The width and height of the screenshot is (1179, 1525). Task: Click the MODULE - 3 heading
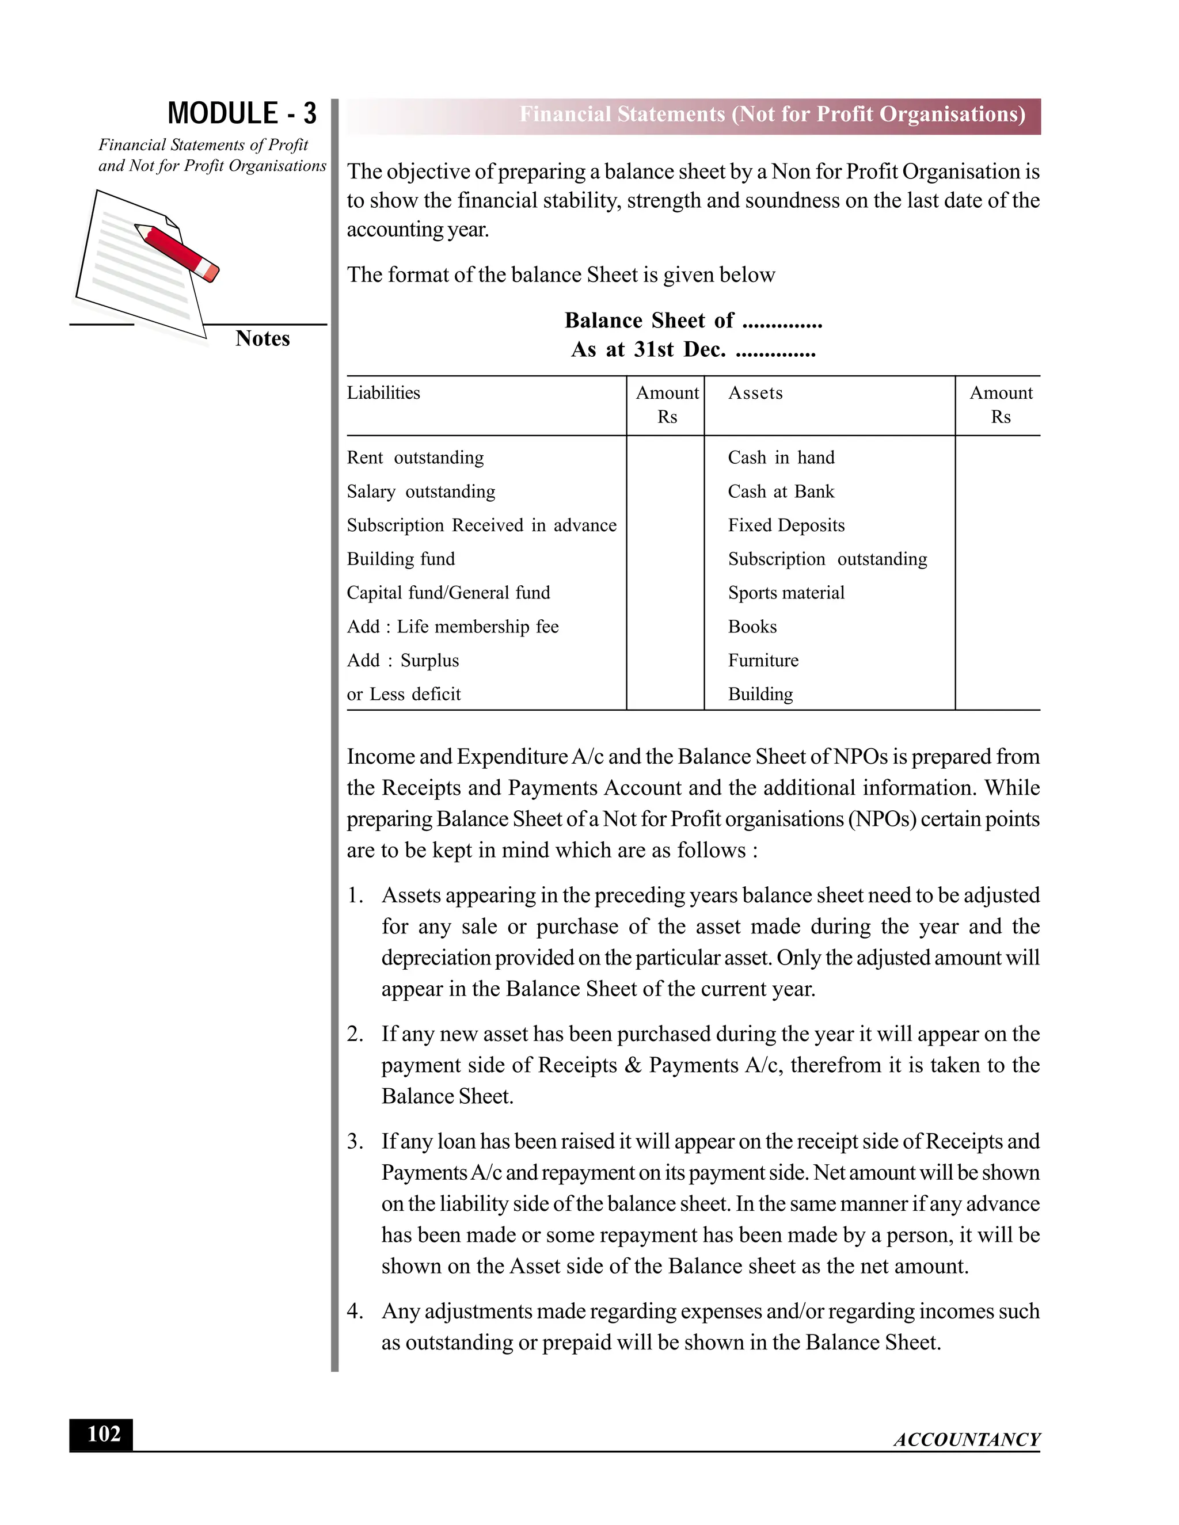coord(242,113)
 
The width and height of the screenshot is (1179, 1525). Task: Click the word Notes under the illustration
coord(262,338)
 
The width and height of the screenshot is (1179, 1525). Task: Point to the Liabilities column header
coord(383,393)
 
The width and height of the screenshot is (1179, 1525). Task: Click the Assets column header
coord(755,393)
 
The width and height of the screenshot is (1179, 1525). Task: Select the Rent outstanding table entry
coord(415,457)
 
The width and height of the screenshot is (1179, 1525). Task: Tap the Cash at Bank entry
coord(781,491)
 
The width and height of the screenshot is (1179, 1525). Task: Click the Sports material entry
coord(786,593)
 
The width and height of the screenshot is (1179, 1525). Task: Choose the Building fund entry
coord(400,559)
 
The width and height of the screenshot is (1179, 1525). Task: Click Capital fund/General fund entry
coord(448,593)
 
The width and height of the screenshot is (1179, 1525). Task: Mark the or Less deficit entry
coord(404,694)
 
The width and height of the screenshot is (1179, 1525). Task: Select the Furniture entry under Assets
coord(763,661)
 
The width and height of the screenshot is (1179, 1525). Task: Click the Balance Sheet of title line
coord(693,321)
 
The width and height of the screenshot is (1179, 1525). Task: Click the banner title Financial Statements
coord(772,115)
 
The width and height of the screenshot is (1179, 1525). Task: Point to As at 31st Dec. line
coord(693,349)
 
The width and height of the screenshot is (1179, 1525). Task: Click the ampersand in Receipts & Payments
coord(633,1066)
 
